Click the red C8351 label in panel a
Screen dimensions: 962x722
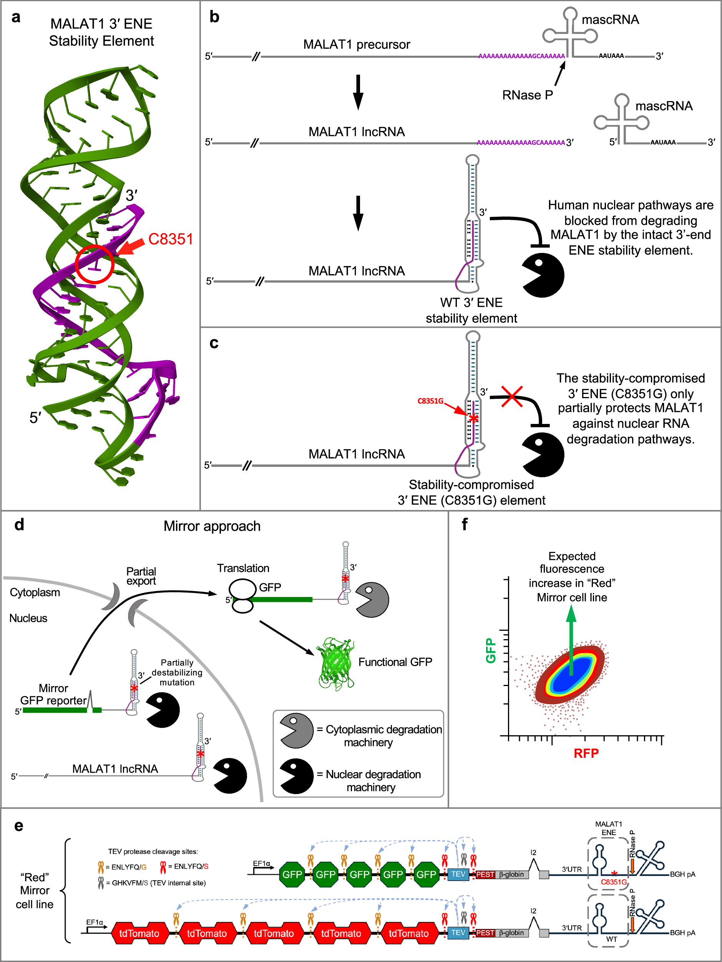[170, 239]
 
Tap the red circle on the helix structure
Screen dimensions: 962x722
[94, 264]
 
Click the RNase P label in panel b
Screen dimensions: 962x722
[527, 95]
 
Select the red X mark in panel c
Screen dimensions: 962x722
[511, 396]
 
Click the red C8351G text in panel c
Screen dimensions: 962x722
[430, 401]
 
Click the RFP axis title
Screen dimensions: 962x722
[586, 753]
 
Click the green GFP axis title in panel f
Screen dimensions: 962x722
[491, 651]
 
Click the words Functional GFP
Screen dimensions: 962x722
[395, 662]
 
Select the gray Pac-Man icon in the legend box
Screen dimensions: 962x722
[296, 731]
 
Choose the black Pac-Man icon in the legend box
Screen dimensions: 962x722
[296, 776]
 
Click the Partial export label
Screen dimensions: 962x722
[141, 576]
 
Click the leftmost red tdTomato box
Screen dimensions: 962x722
[139, 933]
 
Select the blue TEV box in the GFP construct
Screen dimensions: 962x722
[458, 874]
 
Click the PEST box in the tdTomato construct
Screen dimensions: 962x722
[485, 933]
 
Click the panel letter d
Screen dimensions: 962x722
[19, 525]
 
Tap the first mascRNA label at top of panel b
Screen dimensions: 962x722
[610, 20]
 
